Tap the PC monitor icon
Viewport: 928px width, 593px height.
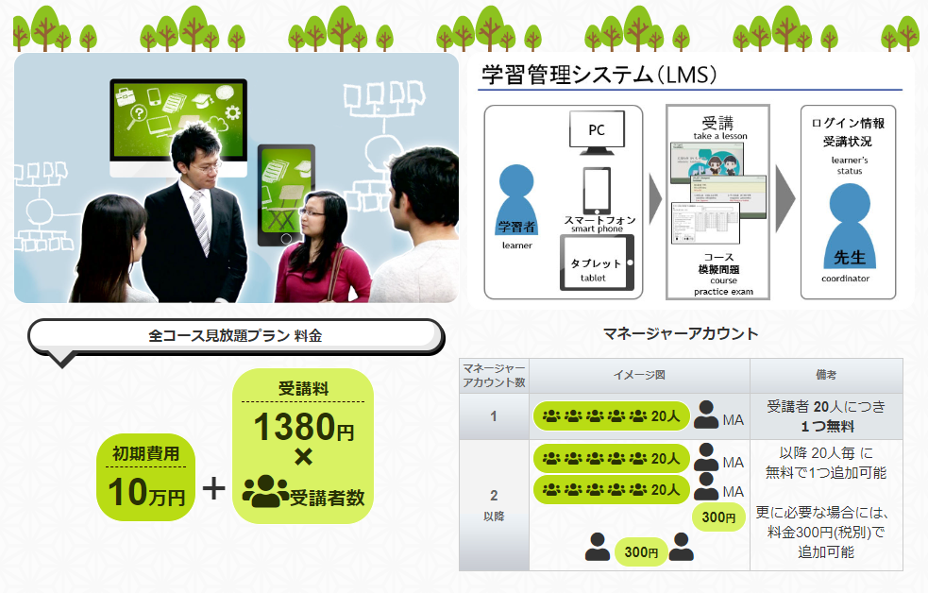coord(597,131)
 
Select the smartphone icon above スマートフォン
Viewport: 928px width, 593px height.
coord(596,190)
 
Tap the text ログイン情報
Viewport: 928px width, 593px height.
coord(848,124)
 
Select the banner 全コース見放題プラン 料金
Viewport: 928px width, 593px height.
coord(235,335)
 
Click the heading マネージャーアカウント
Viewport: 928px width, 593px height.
coord(681,333)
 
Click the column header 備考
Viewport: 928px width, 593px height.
coord(825,375)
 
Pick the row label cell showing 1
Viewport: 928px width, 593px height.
coord(494,416)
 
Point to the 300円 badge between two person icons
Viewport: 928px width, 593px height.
coord(641,551)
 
